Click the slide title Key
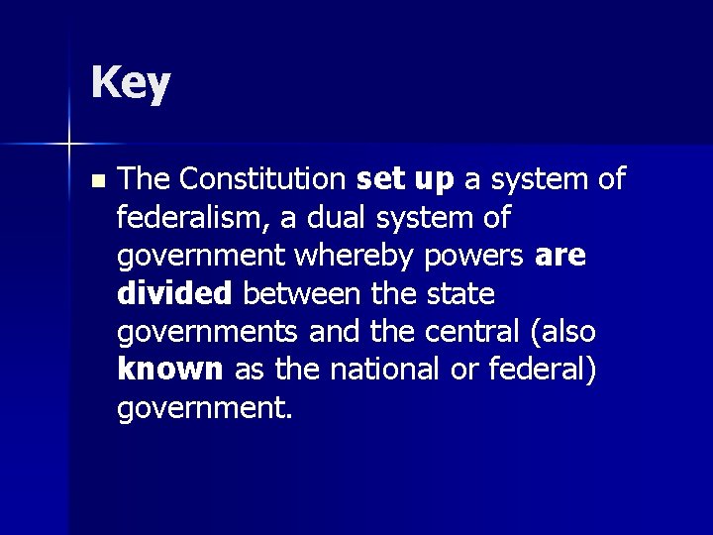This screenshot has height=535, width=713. coord(130,84)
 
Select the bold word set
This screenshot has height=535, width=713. coord(377,179)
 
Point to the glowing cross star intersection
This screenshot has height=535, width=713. coord(69,145)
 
